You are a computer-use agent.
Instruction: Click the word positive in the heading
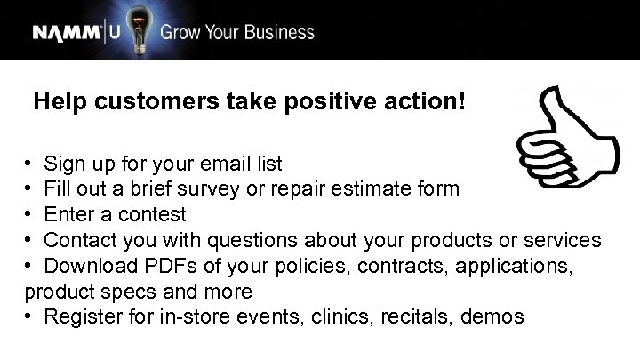click(x=326, y=102)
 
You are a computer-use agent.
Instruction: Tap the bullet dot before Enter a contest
click(x=29, y=214)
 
